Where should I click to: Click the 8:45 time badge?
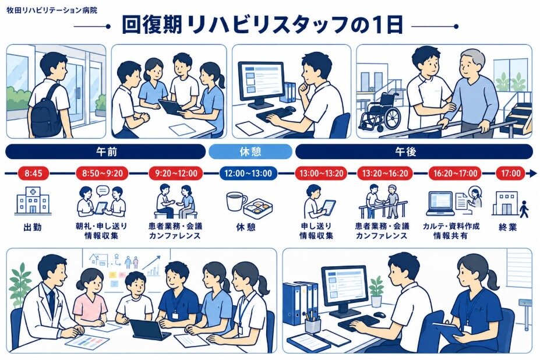(33, 173)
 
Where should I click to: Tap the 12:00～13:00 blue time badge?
(248, 173)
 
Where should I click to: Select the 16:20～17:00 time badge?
(455, 173)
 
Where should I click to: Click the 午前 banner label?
(106, 152)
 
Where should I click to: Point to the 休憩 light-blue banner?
(250, 151)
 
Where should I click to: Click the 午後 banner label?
(405, 152)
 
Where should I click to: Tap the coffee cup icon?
(237, 201)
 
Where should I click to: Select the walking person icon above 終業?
(524, 209)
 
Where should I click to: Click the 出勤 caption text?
(33, 227)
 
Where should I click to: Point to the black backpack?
(45, 114)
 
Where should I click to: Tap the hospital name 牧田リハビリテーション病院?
(52, 10)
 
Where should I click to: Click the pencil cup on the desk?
(313, 323)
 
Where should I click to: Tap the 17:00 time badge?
(510, 173)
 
